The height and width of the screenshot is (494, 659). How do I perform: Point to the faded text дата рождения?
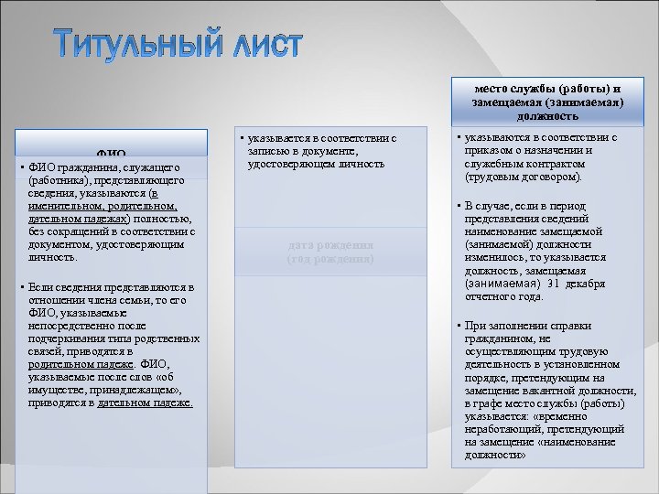click(x=330, y=245)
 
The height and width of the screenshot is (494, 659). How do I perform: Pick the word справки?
click(x=572, y=326)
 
